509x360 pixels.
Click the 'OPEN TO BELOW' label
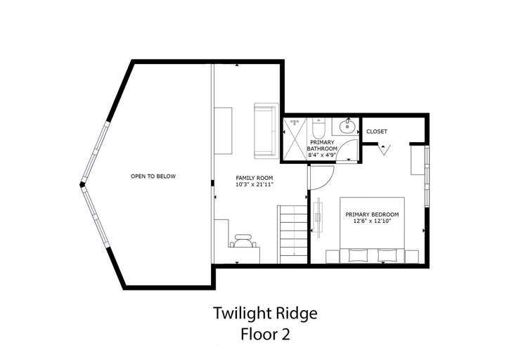[153, 176]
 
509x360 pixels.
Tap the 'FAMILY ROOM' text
[254, 177]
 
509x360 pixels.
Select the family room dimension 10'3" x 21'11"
[254, 184]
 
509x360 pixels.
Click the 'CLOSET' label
[377, 131]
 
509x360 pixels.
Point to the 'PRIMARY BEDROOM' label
[371, 214]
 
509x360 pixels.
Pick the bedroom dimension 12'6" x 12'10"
[371, 221]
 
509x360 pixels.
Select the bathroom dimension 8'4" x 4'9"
[323, 155]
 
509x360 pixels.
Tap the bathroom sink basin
[346, 128]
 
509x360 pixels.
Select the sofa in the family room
[265, 130]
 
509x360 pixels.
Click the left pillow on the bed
[356, 255]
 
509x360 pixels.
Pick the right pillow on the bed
[387, 255]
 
